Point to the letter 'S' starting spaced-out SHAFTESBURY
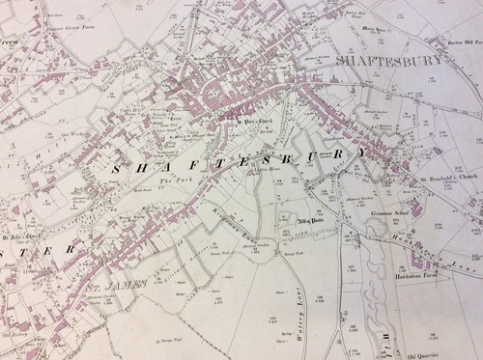coord(118,170)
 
